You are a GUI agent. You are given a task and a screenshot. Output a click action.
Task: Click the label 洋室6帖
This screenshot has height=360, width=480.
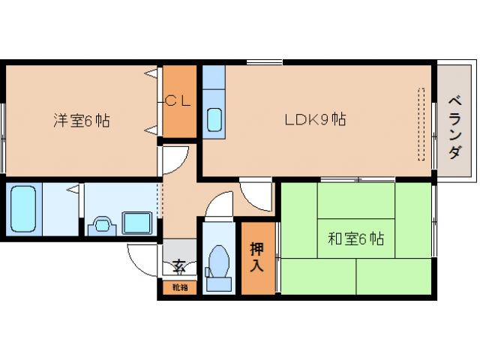(81, 120)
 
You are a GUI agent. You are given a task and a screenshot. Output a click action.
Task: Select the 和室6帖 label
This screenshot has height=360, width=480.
(355, 239)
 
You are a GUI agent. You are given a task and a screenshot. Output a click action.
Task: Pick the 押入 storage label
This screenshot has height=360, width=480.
(257, 257)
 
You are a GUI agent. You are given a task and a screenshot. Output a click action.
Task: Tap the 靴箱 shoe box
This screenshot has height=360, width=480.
(179, 286)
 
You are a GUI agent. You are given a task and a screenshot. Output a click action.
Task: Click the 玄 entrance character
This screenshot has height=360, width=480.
(178, 265)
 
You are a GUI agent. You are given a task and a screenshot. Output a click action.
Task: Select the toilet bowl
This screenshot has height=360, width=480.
(220, 262)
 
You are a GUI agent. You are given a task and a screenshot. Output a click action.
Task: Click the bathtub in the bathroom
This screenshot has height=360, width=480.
(25, 208)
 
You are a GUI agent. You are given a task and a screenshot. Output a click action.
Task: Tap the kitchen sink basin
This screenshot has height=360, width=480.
(214, 120)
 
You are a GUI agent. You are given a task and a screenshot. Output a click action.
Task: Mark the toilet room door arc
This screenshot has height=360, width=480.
(219, 204)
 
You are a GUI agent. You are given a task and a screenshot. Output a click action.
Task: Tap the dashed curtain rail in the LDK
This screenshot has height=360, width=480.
(421, 124)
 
